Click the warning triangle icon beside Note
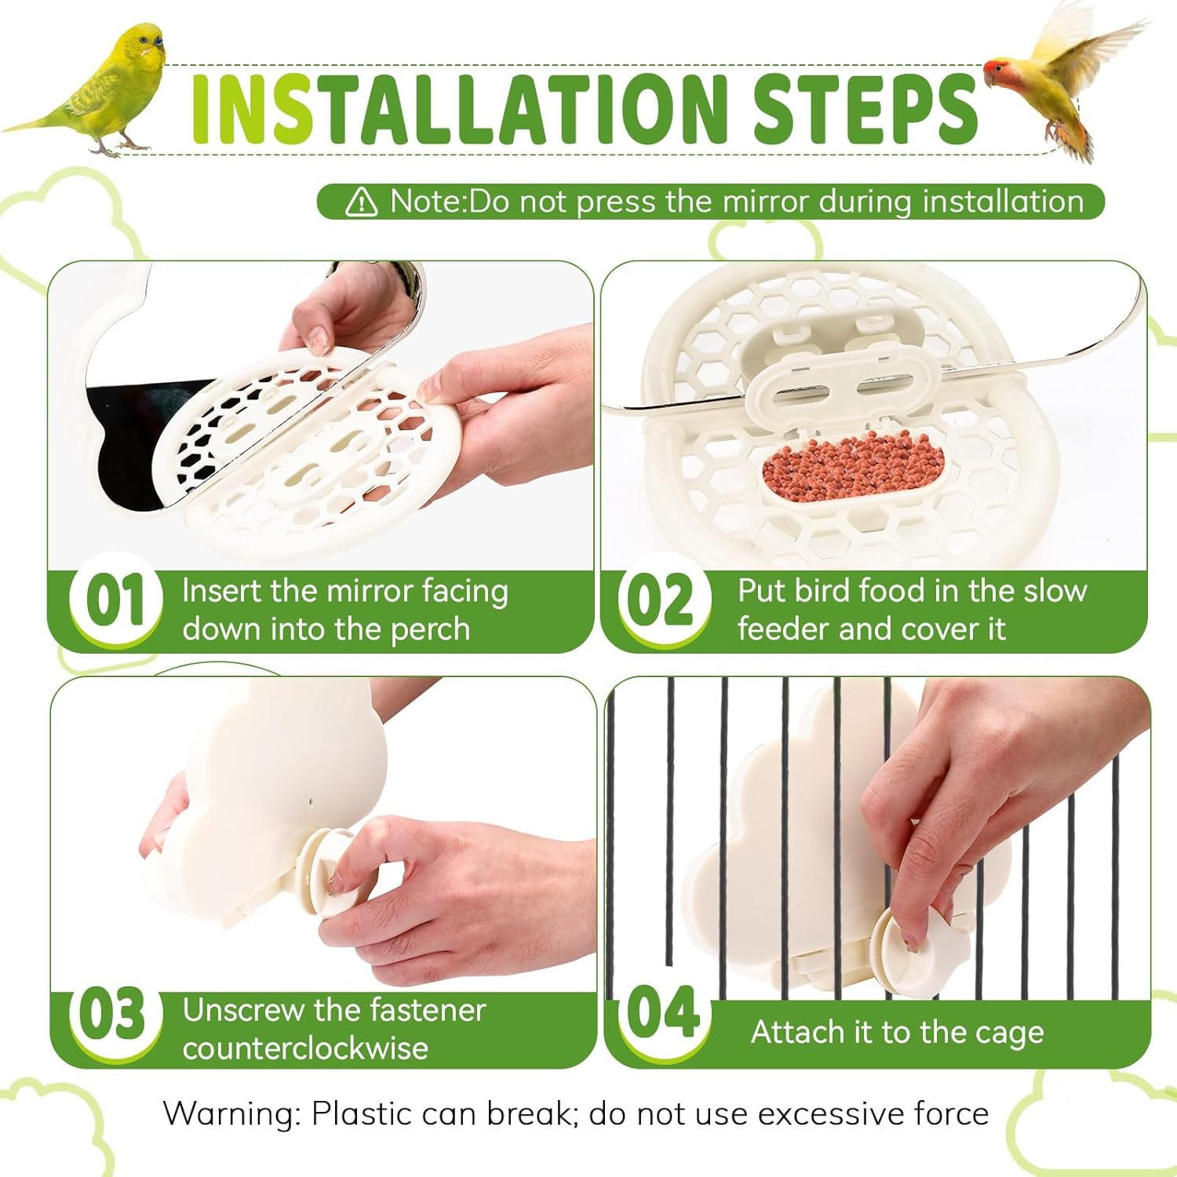coord(361,202)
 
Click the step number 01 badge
coord(115,600)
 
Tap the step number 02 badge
coord(664,600)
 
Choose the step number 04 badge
coord(664,1012)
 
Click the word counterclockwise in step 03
coord(305,1048)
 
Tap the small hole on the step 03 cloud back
coord(311,803)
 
